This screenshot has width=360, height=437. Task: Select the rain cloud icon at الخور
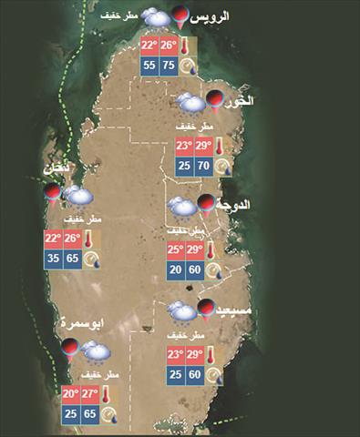tap(190, 103)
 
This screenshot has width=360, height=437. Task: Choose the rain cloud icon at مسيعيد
tap(179, 313)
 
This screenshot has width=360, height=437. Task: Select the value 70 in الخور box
tap(203, 166)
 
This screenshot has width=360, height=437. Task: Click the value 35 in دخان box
tap(54, 259)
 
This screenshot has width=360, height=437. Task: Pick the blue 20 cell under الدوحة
tap(174, 269)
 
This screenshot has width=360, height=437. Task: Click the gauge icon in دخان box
tap(92, 259)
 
